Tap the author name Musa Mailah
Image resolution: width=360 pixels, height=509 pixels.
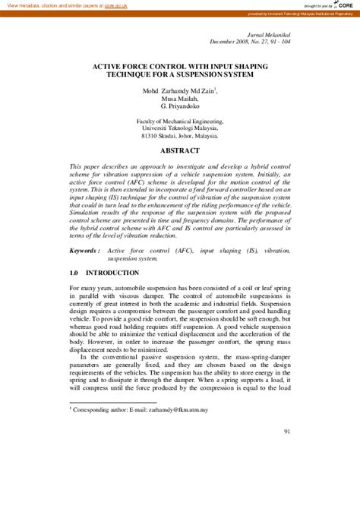180,99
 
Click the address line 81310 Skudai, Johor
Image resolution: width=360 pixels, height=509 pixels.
180,138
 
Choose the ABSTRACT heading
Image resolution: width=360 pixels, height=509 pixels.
180,151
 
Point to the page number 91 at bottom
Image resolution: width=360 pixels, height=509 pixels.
287,432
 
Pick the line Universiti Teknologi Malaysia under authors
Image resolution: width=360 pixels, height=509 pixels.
180,130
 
